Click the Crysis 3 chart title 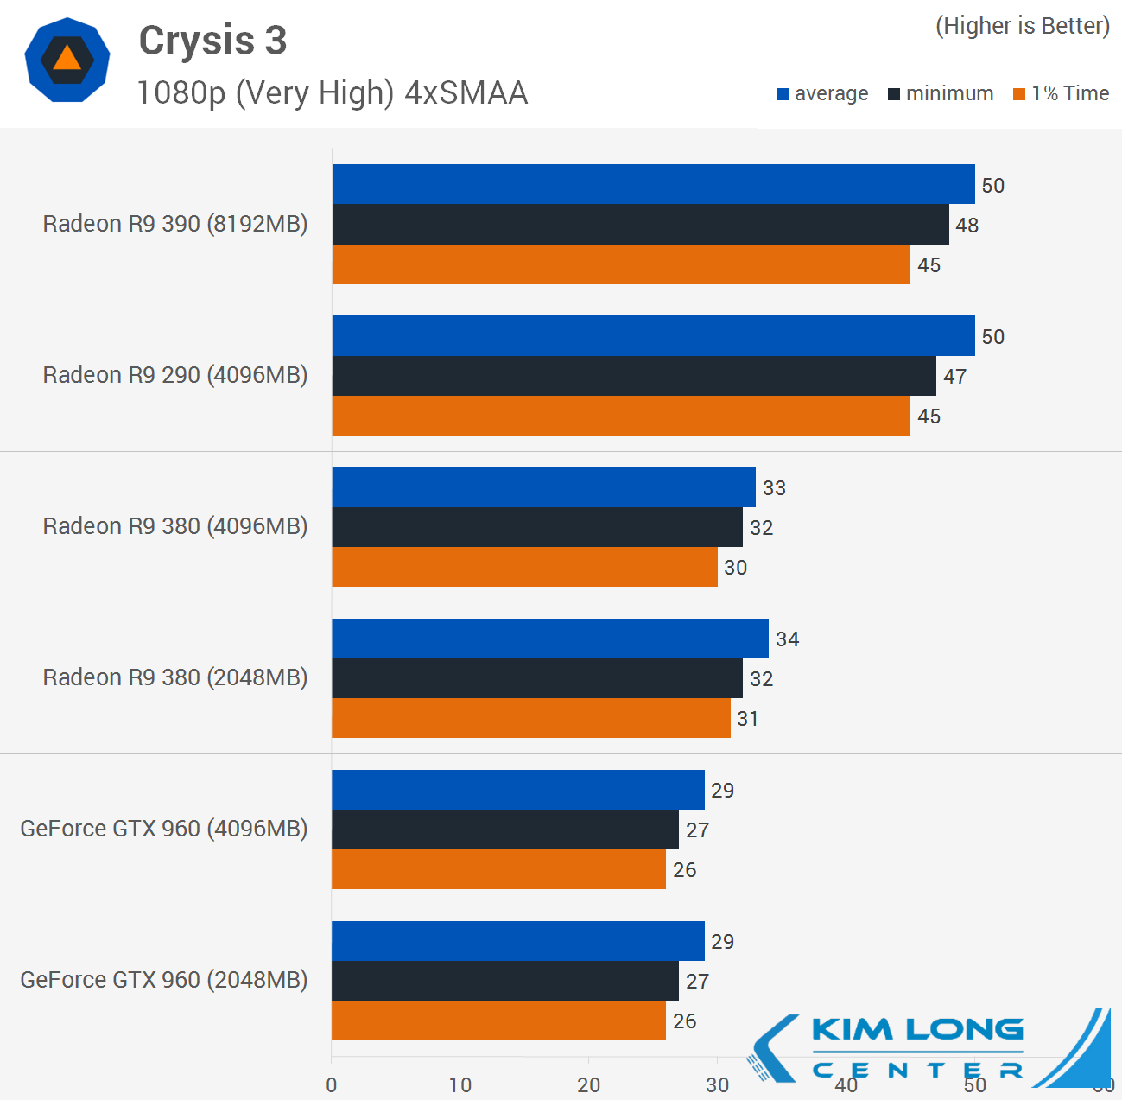[212, 41]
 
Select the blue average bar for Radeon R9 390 [653, 184]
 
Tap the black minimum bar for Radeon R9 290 [633, 376]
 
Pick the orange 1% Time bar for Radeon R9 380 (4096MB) [524, 567]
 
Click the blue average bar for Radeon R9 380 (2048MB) [549, 639]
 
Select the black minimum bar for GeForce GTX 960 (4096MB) [504, 830]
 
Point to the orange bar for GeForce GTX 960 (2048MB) [498, 1021]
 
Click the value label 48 [967, 226]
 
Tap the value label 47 [954, 377]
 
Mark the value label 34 [787, 639]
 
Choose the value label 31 [747, 719]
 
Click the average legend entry [822, 93]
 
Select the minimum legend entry [941, 93]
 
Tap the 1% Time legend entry [1062, 93]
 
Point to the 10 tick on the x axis [460, 1085]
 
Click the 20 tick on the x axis [588, 1085]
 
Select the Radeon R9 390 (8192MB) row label [175, 224]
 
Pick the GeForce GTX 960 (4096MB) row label [164, 829]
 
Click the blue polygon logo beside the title [67, 60]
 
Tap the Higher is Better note [1023, 26]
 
